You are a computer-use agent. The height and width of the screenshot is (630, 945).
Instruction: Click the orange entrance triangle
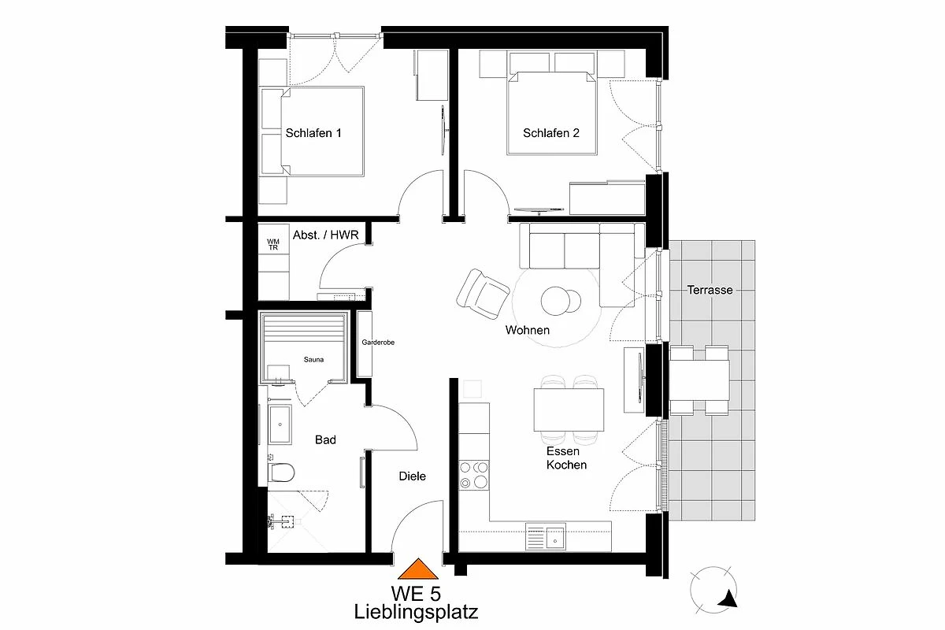pyautogui.click(x=417, y=569)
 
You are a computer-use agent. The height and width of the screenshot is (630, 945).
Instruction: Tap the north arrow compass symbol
pyautogui.click(x=713, y=590)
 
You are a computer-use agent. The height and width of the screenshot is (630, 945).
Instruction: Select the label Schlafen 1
pyautogui.click(x=313, y=133)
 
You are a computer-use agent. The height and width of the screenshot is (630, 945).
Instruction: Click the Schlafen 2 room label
pyautogui.click(x=551, y=133)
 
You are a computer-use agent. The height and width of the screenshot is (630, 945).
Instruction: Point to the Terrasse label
pyautogui.click(x=710, y=290)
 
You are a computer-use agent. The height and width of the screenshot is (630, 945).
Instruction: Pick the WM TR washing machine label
pyautogui.click(x=273, y=244)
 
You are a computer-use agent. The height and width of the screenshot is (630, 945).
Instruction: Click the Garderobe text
pyautogui.click(x=378, y=343)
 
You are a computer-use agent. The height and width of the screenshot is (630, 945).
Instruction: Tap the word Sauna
pyautogui.click(x=313, y=360)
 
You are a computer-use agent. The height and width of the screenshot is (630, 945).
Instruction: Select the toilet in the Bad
pyautogui.click(x=281, y=472)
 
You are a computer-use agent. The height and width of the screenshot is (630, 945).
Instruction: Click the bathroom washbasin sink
pyautogui.click(x=280, y=424)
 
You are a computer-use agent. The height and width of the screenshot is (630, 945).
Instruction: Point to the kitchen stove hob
pyautogui.click(x=474, y=475)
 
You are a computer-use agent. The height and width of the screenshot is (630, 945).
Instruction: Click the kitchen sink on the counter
pyautogui.click(x=546, y=537)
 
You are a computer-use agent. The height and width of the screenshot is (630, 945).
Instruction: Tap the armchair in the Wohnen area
pyautogui.click(x=483, y=294)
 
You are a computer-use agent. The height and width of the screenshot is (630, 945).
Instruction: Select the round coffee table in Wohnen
pyautogui.click(x=556, y=301)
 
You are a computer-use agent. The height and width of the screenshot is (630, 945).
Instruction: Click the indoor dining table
pyautogui.click(x=569, y=409)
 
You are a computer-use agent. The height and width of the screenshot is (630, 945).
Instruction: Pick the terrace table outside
pyautogui.click(x=699, y=380)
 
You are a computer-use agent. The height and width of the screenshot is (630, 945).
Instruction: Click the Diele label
pyautogui.click(x=412, y=476)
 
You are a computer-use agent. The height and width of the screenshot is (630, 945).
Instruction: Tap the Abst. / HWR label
pyautogui.click(x=326, y=235)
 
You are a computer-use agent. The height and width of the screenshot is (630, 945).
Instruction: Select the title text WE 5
pyautogui.click(x=416, y=593)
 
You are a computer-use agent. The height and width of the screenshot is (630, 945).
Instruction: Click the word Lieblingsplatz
pyautogui.click(x=416, y=612)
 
